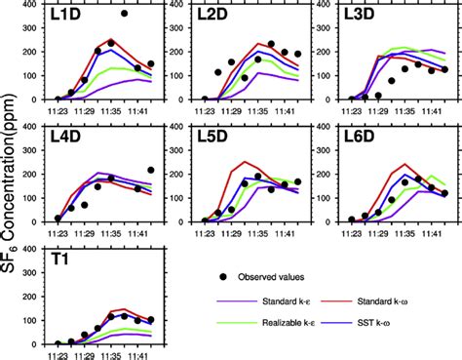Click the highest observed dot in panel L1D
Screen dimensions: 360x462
(125, 14)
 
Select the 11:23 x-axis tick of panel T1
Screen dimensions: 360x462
(58, 353)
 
